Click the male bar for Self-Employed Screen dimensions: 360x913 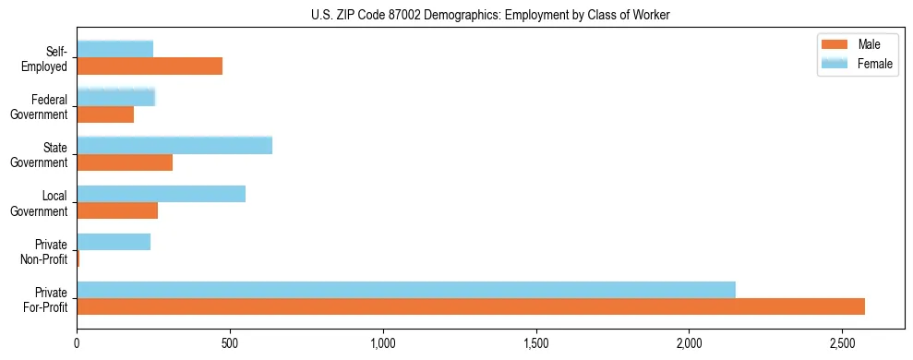point(150,66)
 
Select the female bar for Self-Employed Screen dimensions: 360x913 point(115,49)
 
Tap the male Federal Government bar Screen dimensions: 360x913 point(105,114)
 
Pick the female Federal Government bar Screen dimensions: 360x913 point(116,97)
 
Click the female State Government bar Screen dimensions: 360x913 point(174,145)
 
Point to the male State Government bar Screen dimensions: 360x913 point(125,162)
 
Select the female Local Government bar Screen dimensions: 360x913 point(162,193)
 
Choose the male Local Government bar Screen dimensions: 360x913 point(117,210)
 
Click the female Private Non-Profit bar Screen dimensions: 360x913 point(114,242)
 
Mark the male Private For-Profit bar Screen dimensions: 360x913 point(471,306)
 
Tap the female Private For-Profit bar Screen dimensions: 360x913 point(406,289)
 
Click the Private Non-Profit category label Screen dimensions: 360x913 point(45,251)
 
